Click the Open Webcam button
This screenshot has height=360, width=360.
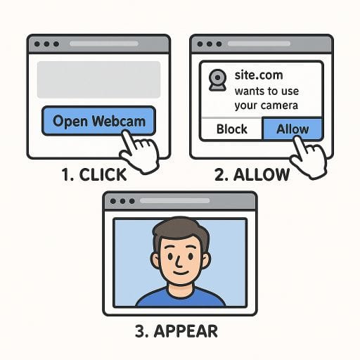coord(98,121)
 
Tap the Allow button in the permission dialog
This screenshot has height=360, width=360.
coord(292,129)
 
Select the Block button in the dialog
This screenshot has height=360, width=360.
coord(231,129)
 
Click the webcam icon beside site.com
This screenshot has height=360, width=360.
coord(217,80)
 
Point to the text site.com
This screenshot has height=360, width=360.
coord(259,75)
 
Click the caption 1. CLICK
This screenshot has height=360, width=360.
coord(94,174)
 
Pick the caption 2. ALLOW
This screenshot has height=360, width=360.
coord(252,174)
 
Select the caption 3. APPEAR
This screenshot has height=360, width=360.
coord(176,331)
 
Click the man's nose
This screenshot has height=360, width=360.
coord(179,263)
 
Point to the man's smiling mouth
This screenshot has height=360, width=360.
coord(181,273)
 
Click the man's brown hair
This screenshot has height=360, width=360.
coord(181,231)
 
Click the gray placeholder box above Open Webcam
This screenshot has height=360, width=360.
coord(98,79)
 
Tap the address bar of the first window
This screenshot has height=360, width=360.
coord(104,44)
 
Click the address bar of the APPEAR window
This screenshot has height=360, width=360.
coord(174,201)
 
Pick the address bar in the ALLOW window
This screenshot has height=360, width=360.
coord(259,44)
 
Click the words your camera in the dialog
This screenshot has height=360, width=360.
coord(266,105)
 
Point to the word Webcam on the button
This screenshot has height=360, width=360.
coord(119,121)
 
